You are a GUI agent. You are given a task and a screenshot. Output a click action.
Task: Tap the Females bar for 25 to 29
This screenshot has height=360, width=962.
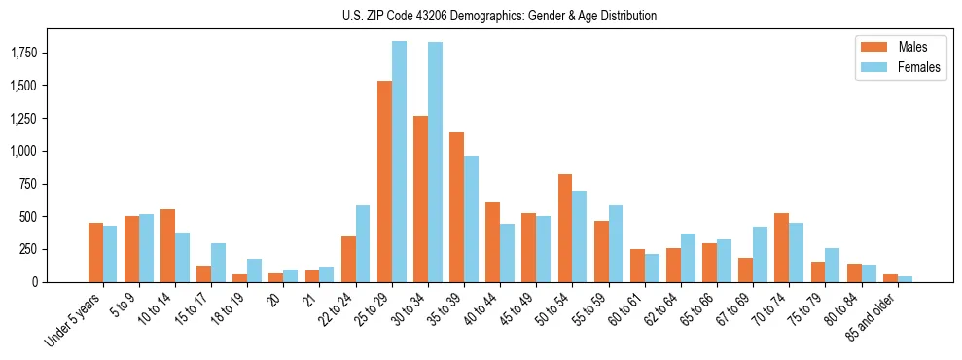(399, 162)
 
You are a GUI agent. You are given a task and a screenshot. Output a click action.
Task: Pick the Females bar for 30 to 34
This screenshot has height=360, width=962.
(435, 162)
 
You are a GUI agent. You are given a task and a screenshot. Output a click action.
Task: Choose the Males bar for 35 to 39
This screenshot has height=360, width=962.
(456, 207)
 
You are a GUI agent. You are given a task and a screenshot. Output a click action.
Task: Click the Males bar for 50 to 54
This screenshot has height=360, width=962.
(565, 228)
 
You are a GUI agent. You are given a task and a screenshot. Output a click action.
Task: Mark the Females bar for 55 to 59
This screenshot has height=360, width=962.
(616, 243)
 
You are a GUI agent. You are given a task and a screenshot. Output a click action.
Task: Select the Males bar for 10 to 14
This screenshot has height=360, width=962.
(167, 245)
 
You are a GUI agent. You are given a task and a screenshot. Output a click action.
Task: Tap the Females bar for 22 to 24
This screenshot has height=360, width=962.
(363, 243)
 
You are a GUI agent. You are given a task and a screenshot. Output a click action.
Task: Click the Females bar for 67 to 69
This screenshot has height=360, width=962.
(760, 254)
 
